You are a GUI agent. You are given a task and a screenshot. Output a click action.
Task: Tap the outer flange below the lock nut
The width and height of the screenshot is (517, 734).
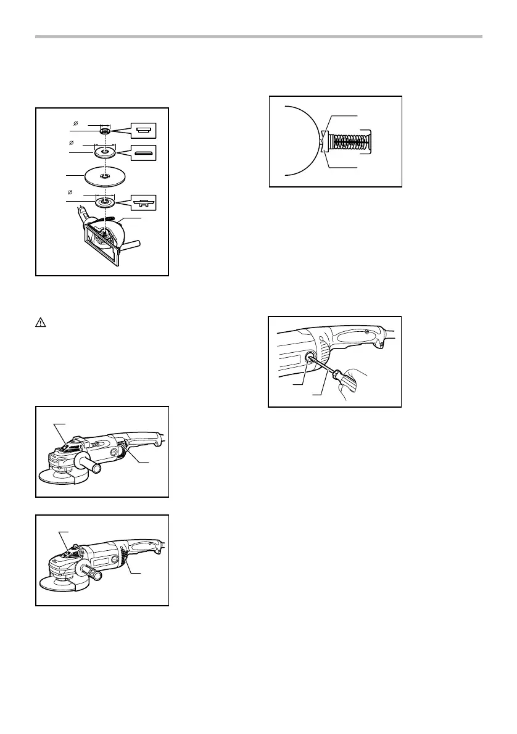[106, 152]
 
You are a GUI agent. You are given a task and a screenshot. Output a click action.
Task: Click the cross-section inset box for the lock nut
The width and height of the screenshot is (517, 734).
[143, 130]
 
